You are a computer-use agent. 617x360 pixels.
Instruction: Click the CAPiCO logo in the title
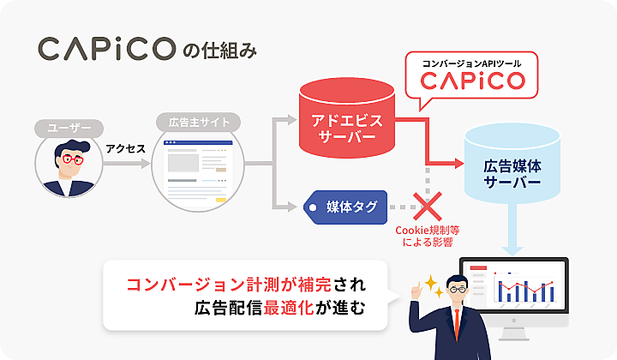[x=106, y=49]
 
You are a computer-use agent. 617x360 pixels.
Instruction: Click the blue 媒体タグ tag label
[x=347, y=207]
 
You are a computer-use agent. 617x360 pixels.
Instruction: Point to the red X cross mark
[x=426, y=207]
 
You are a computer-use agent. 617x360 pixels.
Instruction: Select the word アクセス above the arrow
[x=125, y=148]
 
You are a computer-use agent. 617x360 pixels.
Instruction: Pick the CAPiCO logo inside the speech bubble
[x=472, y=82]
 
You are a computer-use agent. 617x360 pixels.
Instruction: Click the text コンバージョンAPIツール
[x=472, y=63]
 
